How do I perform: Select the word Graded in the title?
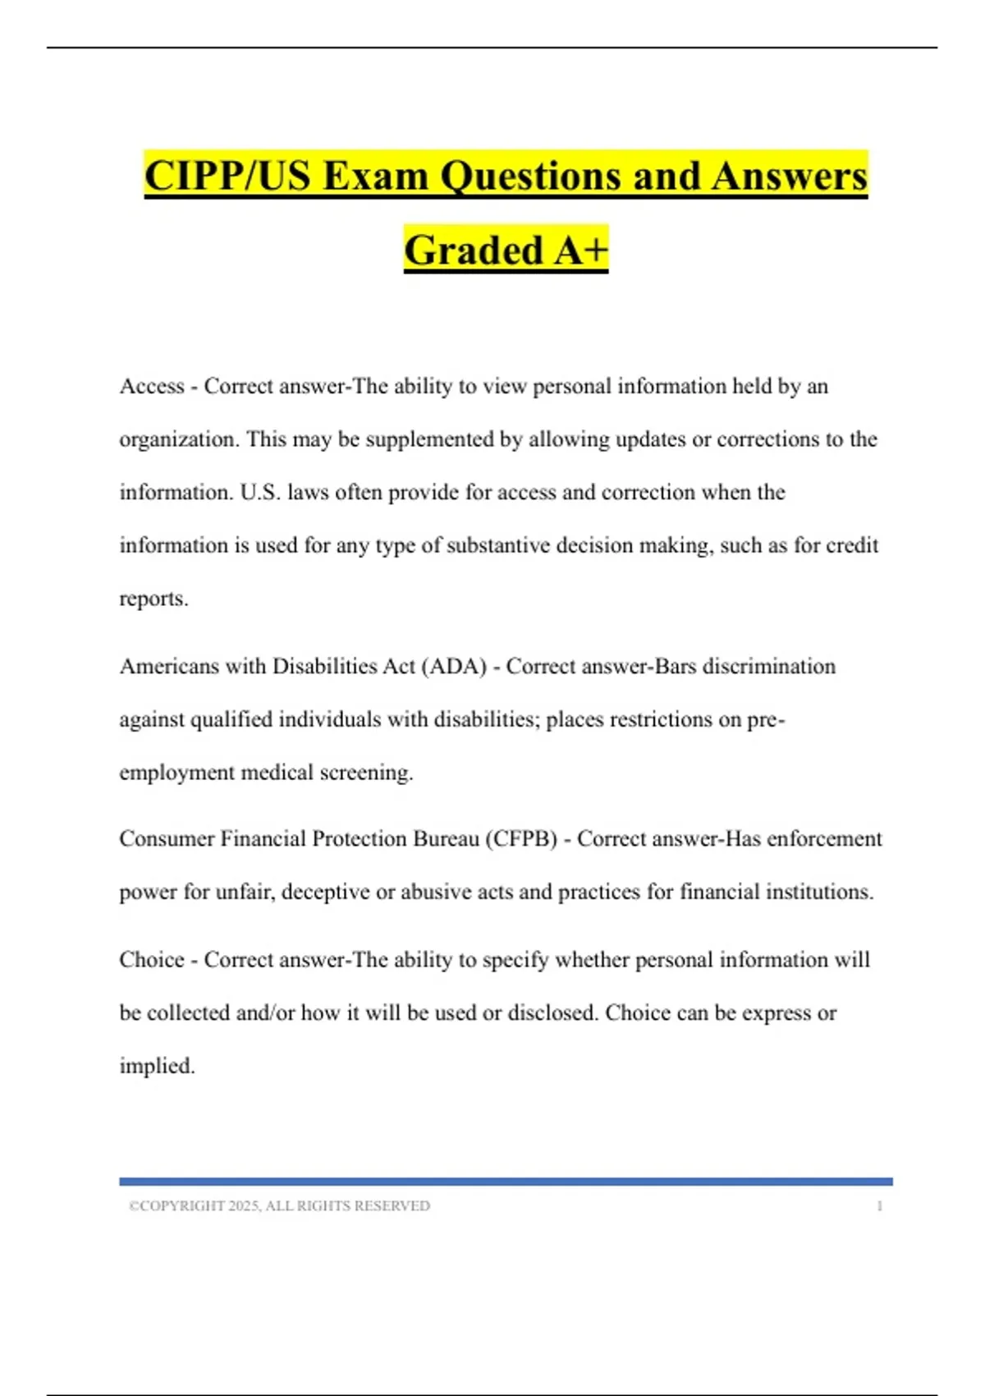click(474, 250)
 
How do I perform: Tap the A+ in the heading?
click(580, 250)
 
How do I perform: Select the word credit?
click(852, 545)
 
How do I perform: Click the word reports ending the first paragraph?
click(152, 599)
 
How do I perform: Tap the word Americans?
click(169, 666)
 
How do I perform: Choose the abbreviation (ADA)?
click(454, 666)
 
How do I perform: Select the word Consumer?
click(167, 838)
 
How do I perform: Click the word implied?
click(156, 1067)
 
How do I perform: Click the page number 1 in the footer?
click(879, 1205)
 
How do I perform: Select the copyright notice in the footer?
click(279, 1205)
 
